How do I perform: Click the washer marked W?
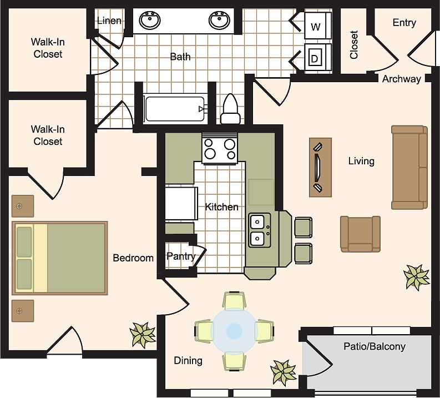point(318,26)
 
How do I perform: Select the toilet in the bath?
point(230,109)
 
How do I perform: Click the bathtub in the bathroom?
point(175,109)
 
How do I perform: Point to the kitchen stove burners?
point(220,148)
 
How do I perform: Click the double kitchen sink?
point(260,230)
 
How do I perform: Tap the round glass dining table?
point(234,330)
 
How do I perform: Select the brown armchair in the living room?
point(361,234)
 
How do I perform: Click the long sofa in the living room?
point(409,168)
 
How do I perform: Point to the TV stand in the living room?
point(321,167)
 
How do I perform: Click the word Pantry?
point(181,256)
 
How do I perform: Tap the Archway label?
point(402,79)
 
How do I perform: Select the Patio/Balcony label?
point(375,346)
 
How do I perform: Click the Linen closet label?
point(109,21)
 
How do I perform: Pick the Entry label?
point(404,22)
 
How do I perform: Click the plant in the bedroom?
point(143,334)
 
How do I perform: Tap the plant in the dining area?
point(282,371)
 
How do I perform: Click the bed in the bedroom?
point(60,258)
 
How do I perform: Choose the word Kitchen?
point(222,207)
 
